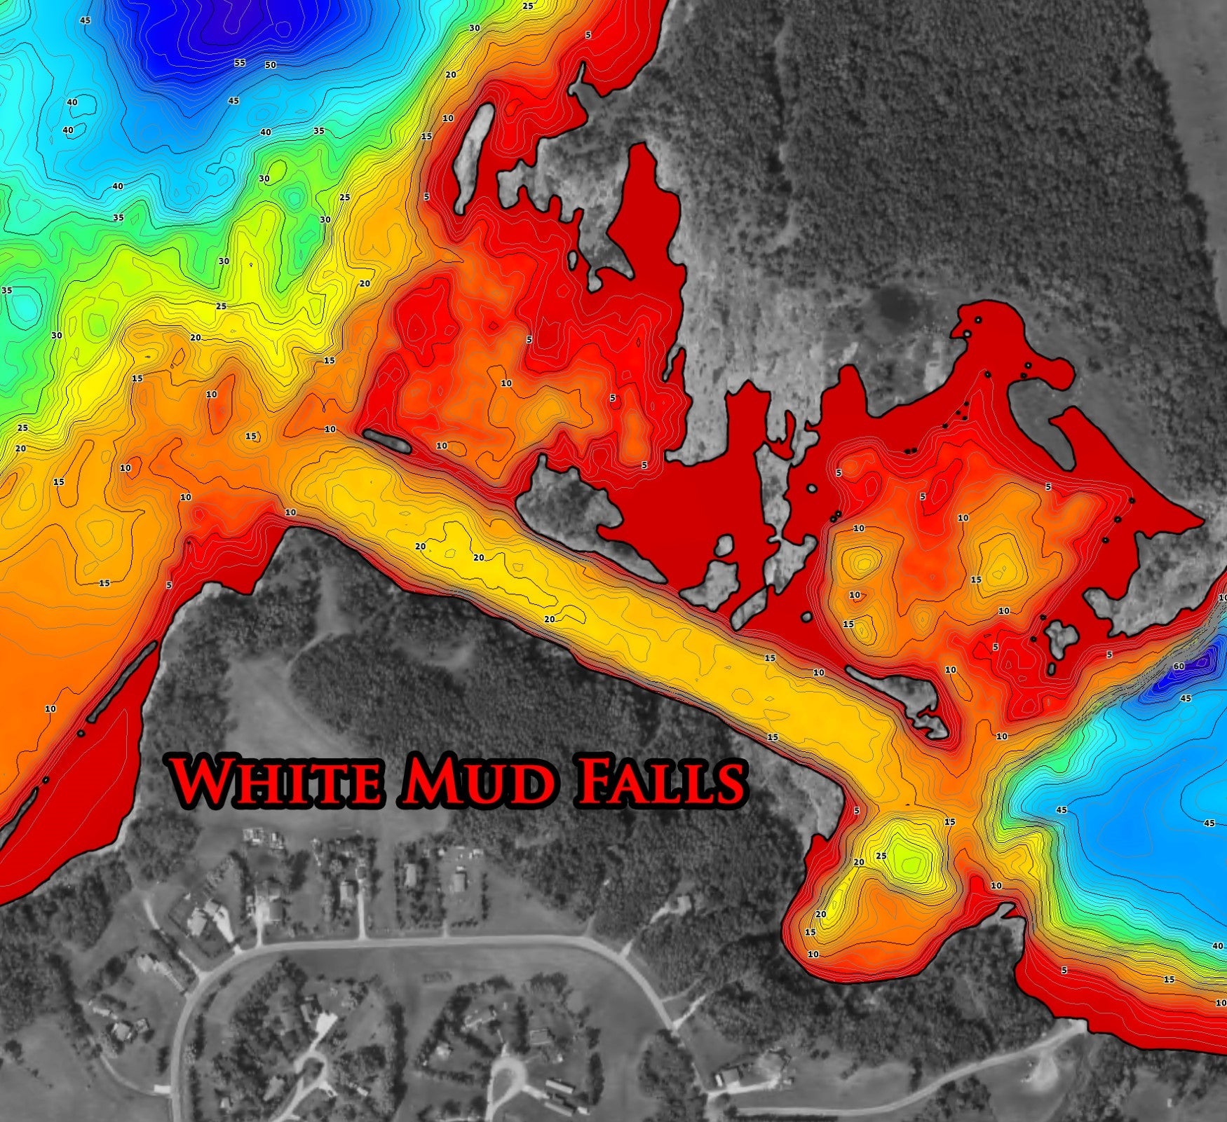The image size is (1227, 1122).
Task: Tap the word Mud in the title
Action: coord(477,779)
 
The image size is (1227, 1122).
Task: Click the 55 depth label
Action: coord(240,63)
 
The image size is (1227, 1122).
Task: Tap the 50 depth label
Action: coord(271,65)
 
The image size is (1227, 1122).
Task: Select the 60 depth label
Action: coord(1179,666)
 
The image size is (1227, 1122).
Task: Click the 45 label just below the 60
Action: coord(1186,699)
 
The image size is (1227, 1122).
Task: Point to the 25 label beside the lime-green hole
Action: coord(881,856)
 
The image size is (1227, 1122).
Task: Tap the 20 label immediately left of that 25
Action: coord(859,863)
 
